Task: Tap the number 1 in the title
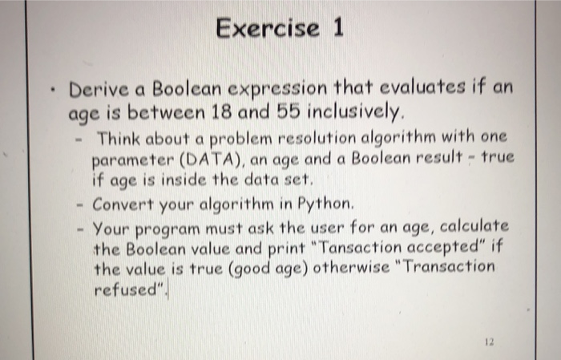coord(337,29)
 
